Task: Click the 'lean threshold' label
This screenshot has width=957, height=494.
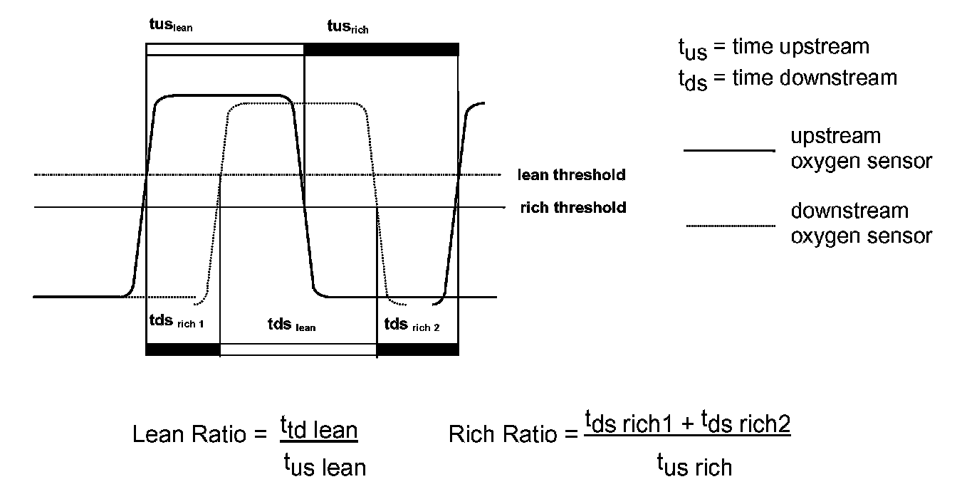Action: pyautogui.click(x=572, y=174)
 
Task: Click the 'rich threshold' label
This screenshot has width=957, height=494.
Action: pyautogui.click(x=573, y=207)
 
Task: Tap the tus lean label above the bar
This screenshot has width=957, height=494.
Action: pyautogui.click(x=168, y=27)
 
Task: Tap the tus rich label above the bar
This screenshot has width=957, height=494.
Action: pyautogui.click(x=347, y=27)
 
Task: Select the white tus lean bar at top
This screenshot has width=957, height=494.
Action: pyautogui.click(x=225, y=49)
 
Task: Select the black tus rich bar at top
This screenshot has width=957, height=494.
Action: pyautogui.click(x=381, y=49)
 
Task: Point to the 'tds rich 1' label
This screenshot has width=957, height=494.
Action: pyautogui.click(x=174, y=322)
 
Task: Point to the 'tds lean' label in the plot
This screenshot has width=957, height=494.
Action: pyautogui.click(x=291, y=325)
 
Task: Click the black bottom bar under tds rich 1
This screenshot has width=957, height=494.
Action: pyautogui.click(x=183, y=349)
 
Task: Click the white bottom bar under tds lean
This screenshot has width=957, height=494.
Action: pyautogui.click(x=298, y=349)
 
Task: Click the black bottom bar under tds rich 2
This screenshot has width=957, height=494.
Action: pyautogui.click(x=417, y=349)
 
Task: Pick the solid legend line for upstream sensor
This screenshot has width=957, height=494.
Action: pyautogui.click(x=728, y=151)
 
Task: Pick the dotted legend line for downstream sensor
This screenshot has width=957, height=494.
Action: pyautogui.click(x=730, y=226)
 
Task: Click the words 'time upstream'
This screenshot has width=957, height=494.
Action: pyautogui.click(x=800, y=47)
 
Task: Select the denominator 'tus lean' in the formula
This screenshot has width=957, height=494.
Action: pyautogui.click(x=325, y=466)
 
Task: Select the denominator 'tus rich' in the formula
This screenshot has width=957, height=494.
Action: pyautogui.click(x=694, y=466)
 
